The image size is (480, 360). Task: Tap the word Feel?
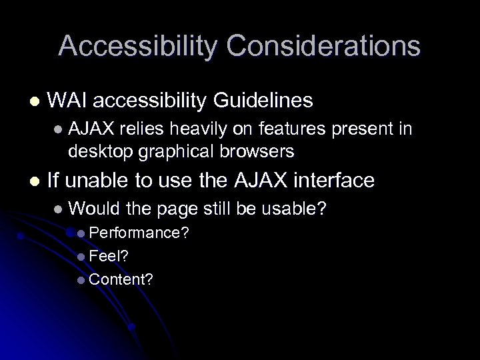[x=106, y=256]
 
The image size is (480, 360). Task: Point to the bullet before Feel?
[x=81, y=256]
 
